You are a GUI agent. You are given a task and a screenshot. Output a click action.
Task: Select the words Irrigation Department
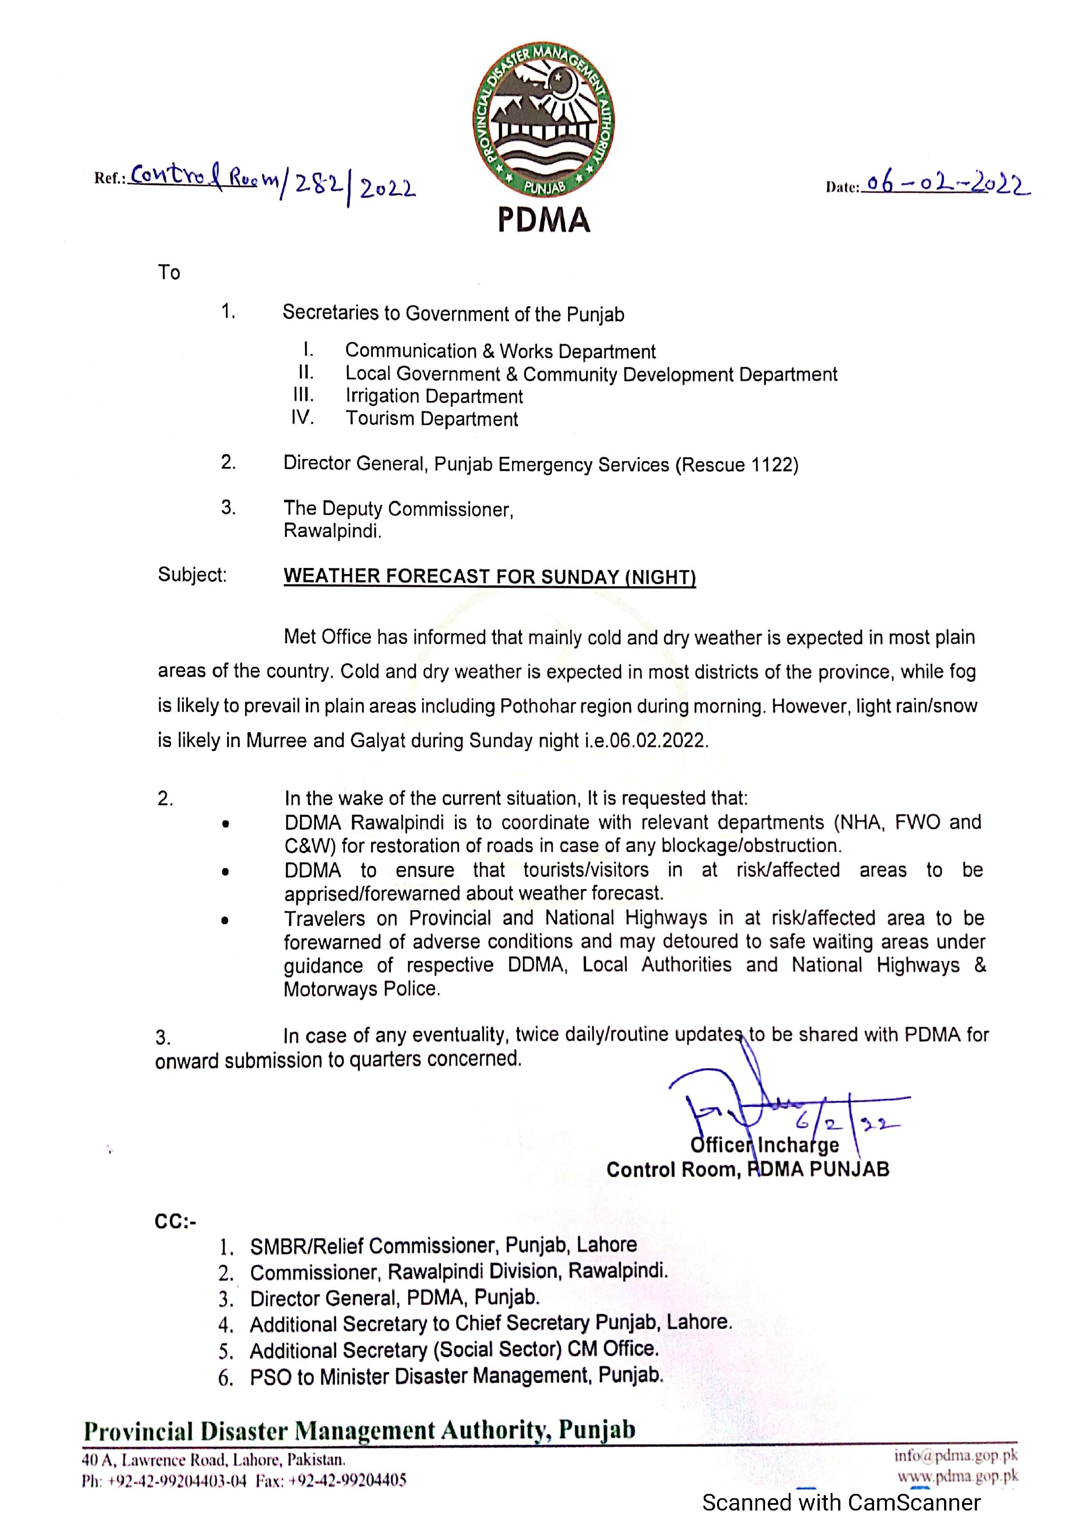tap(434, 396)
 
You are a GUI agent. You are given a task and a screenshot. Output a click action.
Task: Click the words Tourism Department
tap(431, 419)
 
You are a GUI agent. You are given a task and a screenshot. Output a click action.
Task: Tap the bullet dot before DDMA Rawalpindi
tap(226, 824)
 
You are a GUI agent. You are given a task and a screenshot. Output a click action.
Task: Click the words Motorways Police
tap(362, 989)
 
